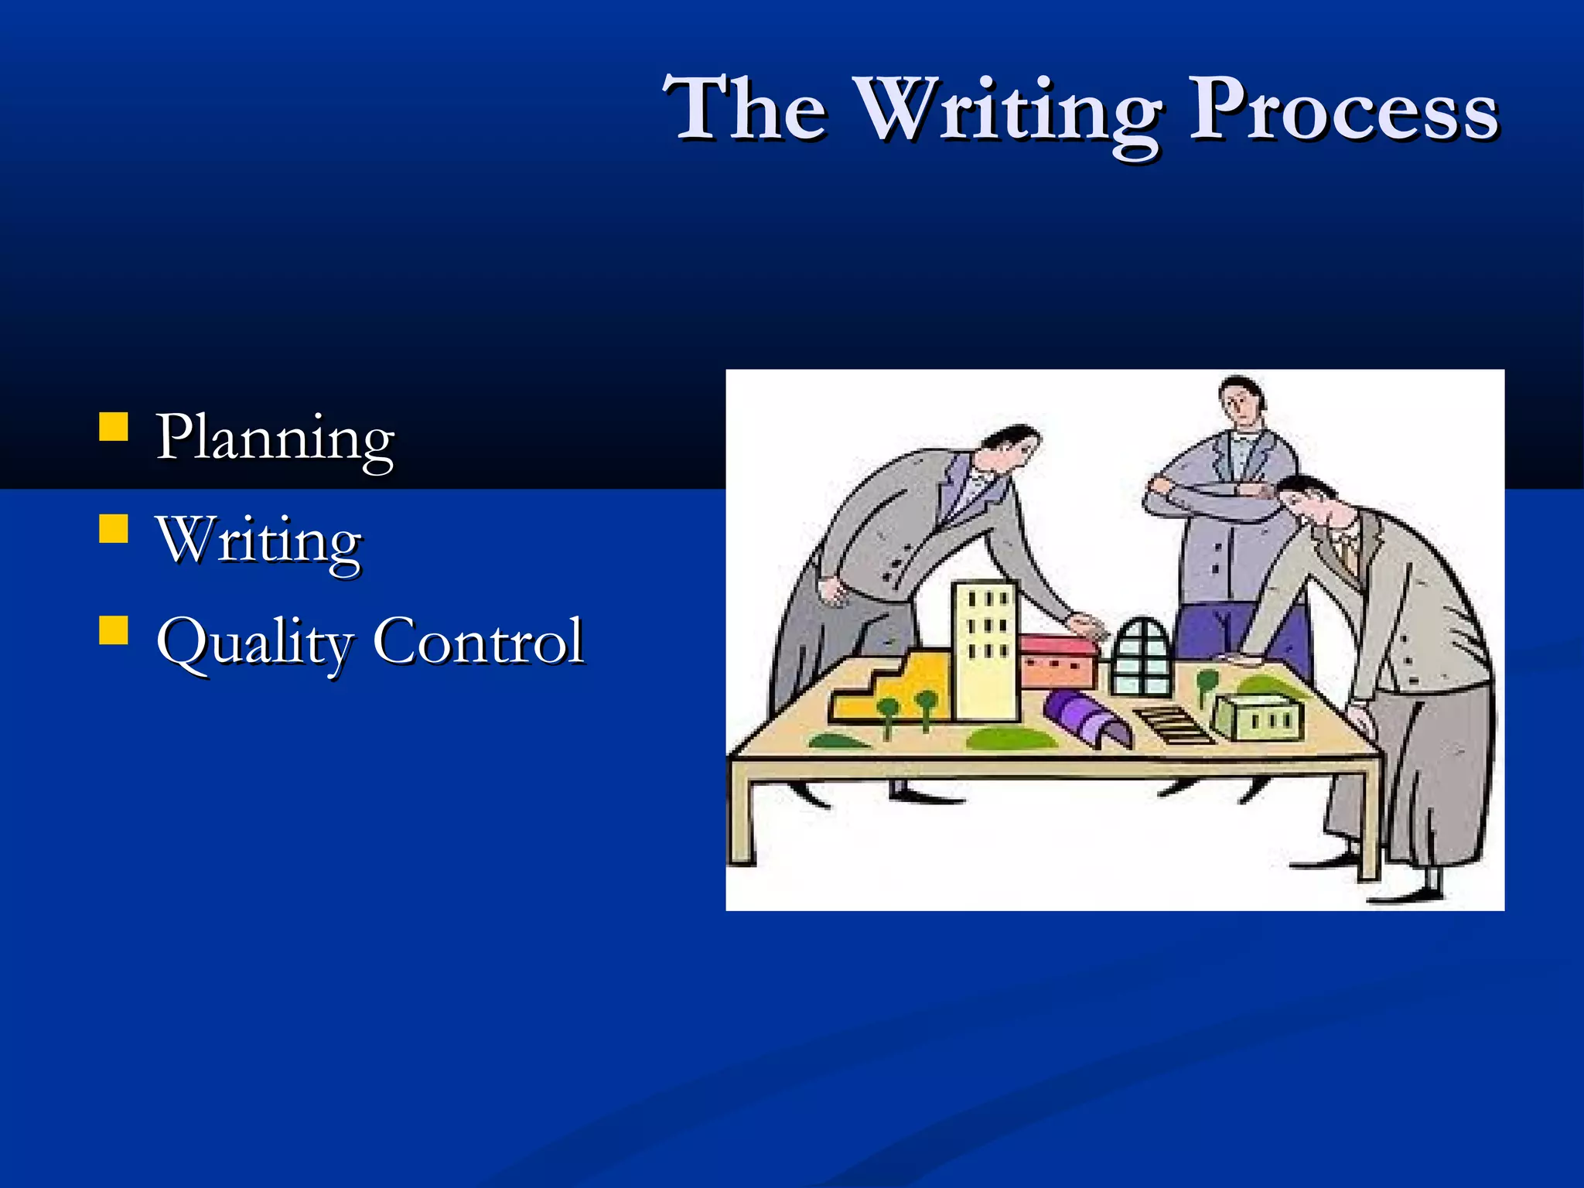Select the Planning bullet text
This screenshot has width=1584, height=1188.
click(275, 438)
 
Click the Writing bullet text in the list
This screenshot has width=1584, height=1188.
click(260, 540)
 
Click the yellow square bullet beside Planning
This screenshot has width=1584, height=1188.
click(114, 426)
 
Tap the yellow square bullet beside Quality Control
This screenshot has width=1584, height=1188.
click(114, 630)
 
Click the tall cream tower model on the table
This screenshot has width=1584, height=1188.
click(985, 650)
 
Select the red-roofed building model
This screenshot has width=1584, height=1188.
click(1058, 661)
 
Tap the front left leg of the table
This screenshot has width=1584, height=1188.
click(742, 820)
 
